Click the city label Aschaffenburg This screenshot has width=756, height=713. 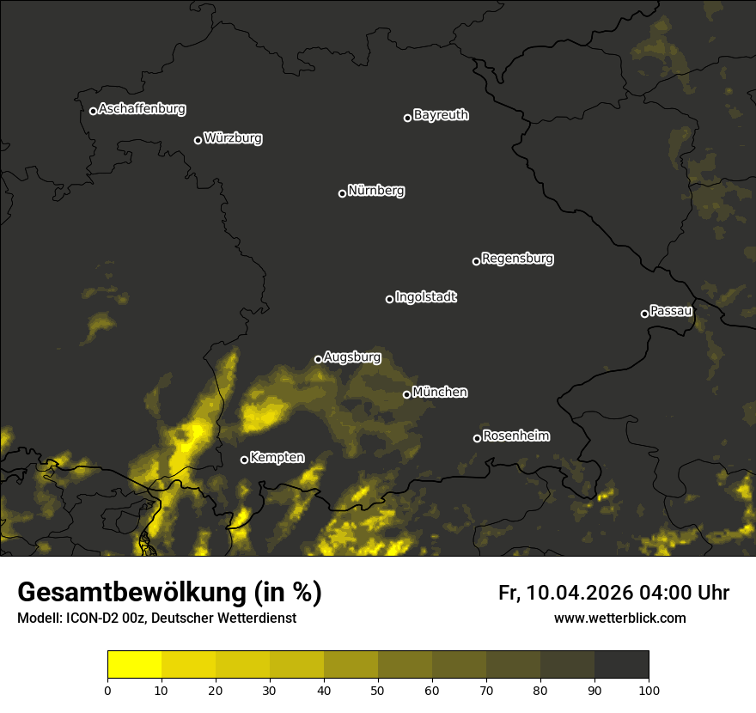tap(142, 109)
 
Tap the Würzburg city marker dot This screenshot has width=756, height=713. tap(198, 140)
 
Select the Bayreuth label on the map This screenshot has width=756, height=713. tap(441, 115)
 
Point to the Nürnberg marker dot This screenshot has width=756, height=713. tap(342, 193)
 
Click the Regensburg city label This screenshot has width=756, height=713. tap(517, 259)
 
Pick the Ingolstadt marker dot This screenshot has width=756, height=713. tap(389, 299)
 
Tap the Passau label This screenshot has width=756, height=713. tap(671, 311)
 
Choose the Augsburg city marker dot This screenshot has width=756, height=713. tap(318, 359)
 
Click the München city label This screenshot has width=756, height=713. tap(440, 393)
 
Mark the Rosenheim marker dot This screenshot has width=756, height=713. tap(477, 438)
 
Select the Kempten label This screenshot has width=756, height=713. tap(277, 458)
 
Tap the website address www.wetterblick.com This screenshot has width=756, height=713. tap(619, 618)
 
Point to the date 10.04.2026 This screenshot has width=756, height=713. tap(579, 593)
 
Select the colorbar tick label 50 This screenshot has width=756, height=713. tap(378, 690)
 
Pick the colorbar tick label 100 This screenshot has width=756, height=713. tap(649, 690)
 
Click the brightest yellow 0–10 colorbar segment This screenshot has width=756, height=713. tap(135, 665)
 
